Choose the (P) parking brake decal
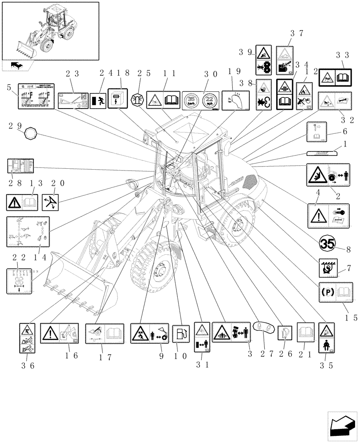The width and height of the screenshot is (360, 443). [x=329, y=292]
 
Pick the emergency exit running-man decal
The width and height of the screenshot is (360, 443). [x=98, y=101]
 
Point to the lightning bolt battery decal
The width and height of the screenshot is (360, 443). [x=116, y=100]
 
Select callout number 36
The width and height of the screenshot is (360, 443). [x=27, y=365]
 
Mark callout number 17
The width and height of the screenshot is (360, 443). [x=102, y=356]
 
